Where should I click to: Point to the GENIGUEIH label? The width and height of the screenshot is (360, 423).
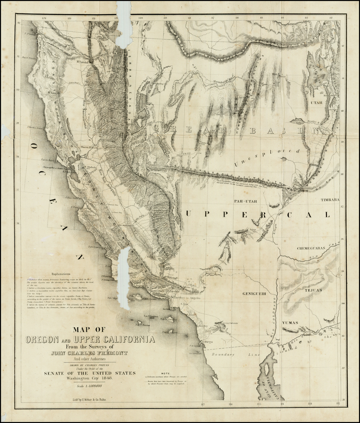(253, 293)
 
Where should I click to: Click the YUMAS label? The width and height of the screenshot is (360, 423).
(290, 322)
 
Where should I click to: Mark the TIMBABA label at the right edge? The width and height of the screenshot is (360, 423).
(330, 200)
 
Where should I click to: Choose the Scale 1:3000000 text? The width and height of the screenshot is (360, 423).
(89, 385)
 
